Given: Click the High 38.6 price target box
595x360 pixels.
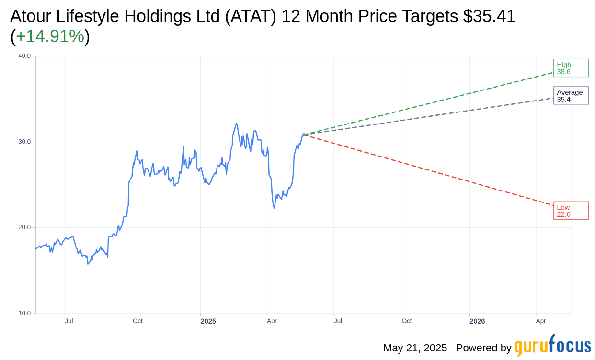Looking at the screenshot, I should pos(571,68).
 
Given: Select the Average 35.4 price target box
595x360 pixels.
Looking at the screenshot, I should pos(571,96).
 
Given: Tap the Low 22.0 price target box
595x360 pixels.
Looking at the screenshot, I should pos(571,211).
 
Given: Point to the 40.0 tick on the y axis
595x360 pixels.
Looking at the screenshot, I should pos(24,56).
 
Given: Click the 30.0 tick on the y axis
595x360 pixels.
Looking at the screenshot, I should pos(24,142).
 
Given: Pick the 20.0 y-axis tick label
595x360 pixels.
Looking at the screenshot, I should pos(24,227).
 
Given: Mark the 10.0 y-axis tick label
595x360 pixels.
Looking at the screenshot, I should pos(24,313).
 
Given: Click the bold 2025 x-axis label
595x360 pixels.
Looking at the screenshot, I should pos(208,321).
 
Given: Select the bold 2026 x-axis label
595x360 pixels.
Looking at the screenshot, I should pos(477,321).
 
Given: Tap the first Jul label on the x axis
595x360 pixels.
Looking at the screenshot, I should pos(69,321).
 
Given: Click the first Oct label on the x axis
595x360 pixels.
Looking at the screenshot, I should pos(137,321).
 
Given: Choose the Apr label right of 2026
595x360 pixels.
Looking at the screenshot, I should pos(541,321).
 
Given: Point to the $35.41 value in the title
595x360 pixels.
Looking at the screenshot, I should pos(489,16).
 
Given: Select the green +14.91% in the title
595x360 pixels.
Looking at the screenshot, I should pos(50,36).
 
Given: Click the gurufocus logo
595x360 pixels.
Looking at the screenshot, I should pos(552,346).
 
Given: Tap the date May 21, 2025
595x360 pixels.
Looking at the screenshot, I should pos(415,348).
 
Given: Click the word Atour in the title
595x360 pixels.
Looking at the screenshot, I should pos(32,16).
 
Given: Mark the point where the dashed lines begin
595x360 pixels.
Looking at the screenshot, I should pos(304,135).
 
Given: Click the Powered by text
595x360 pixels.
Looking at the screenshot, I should pos(483,348).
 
